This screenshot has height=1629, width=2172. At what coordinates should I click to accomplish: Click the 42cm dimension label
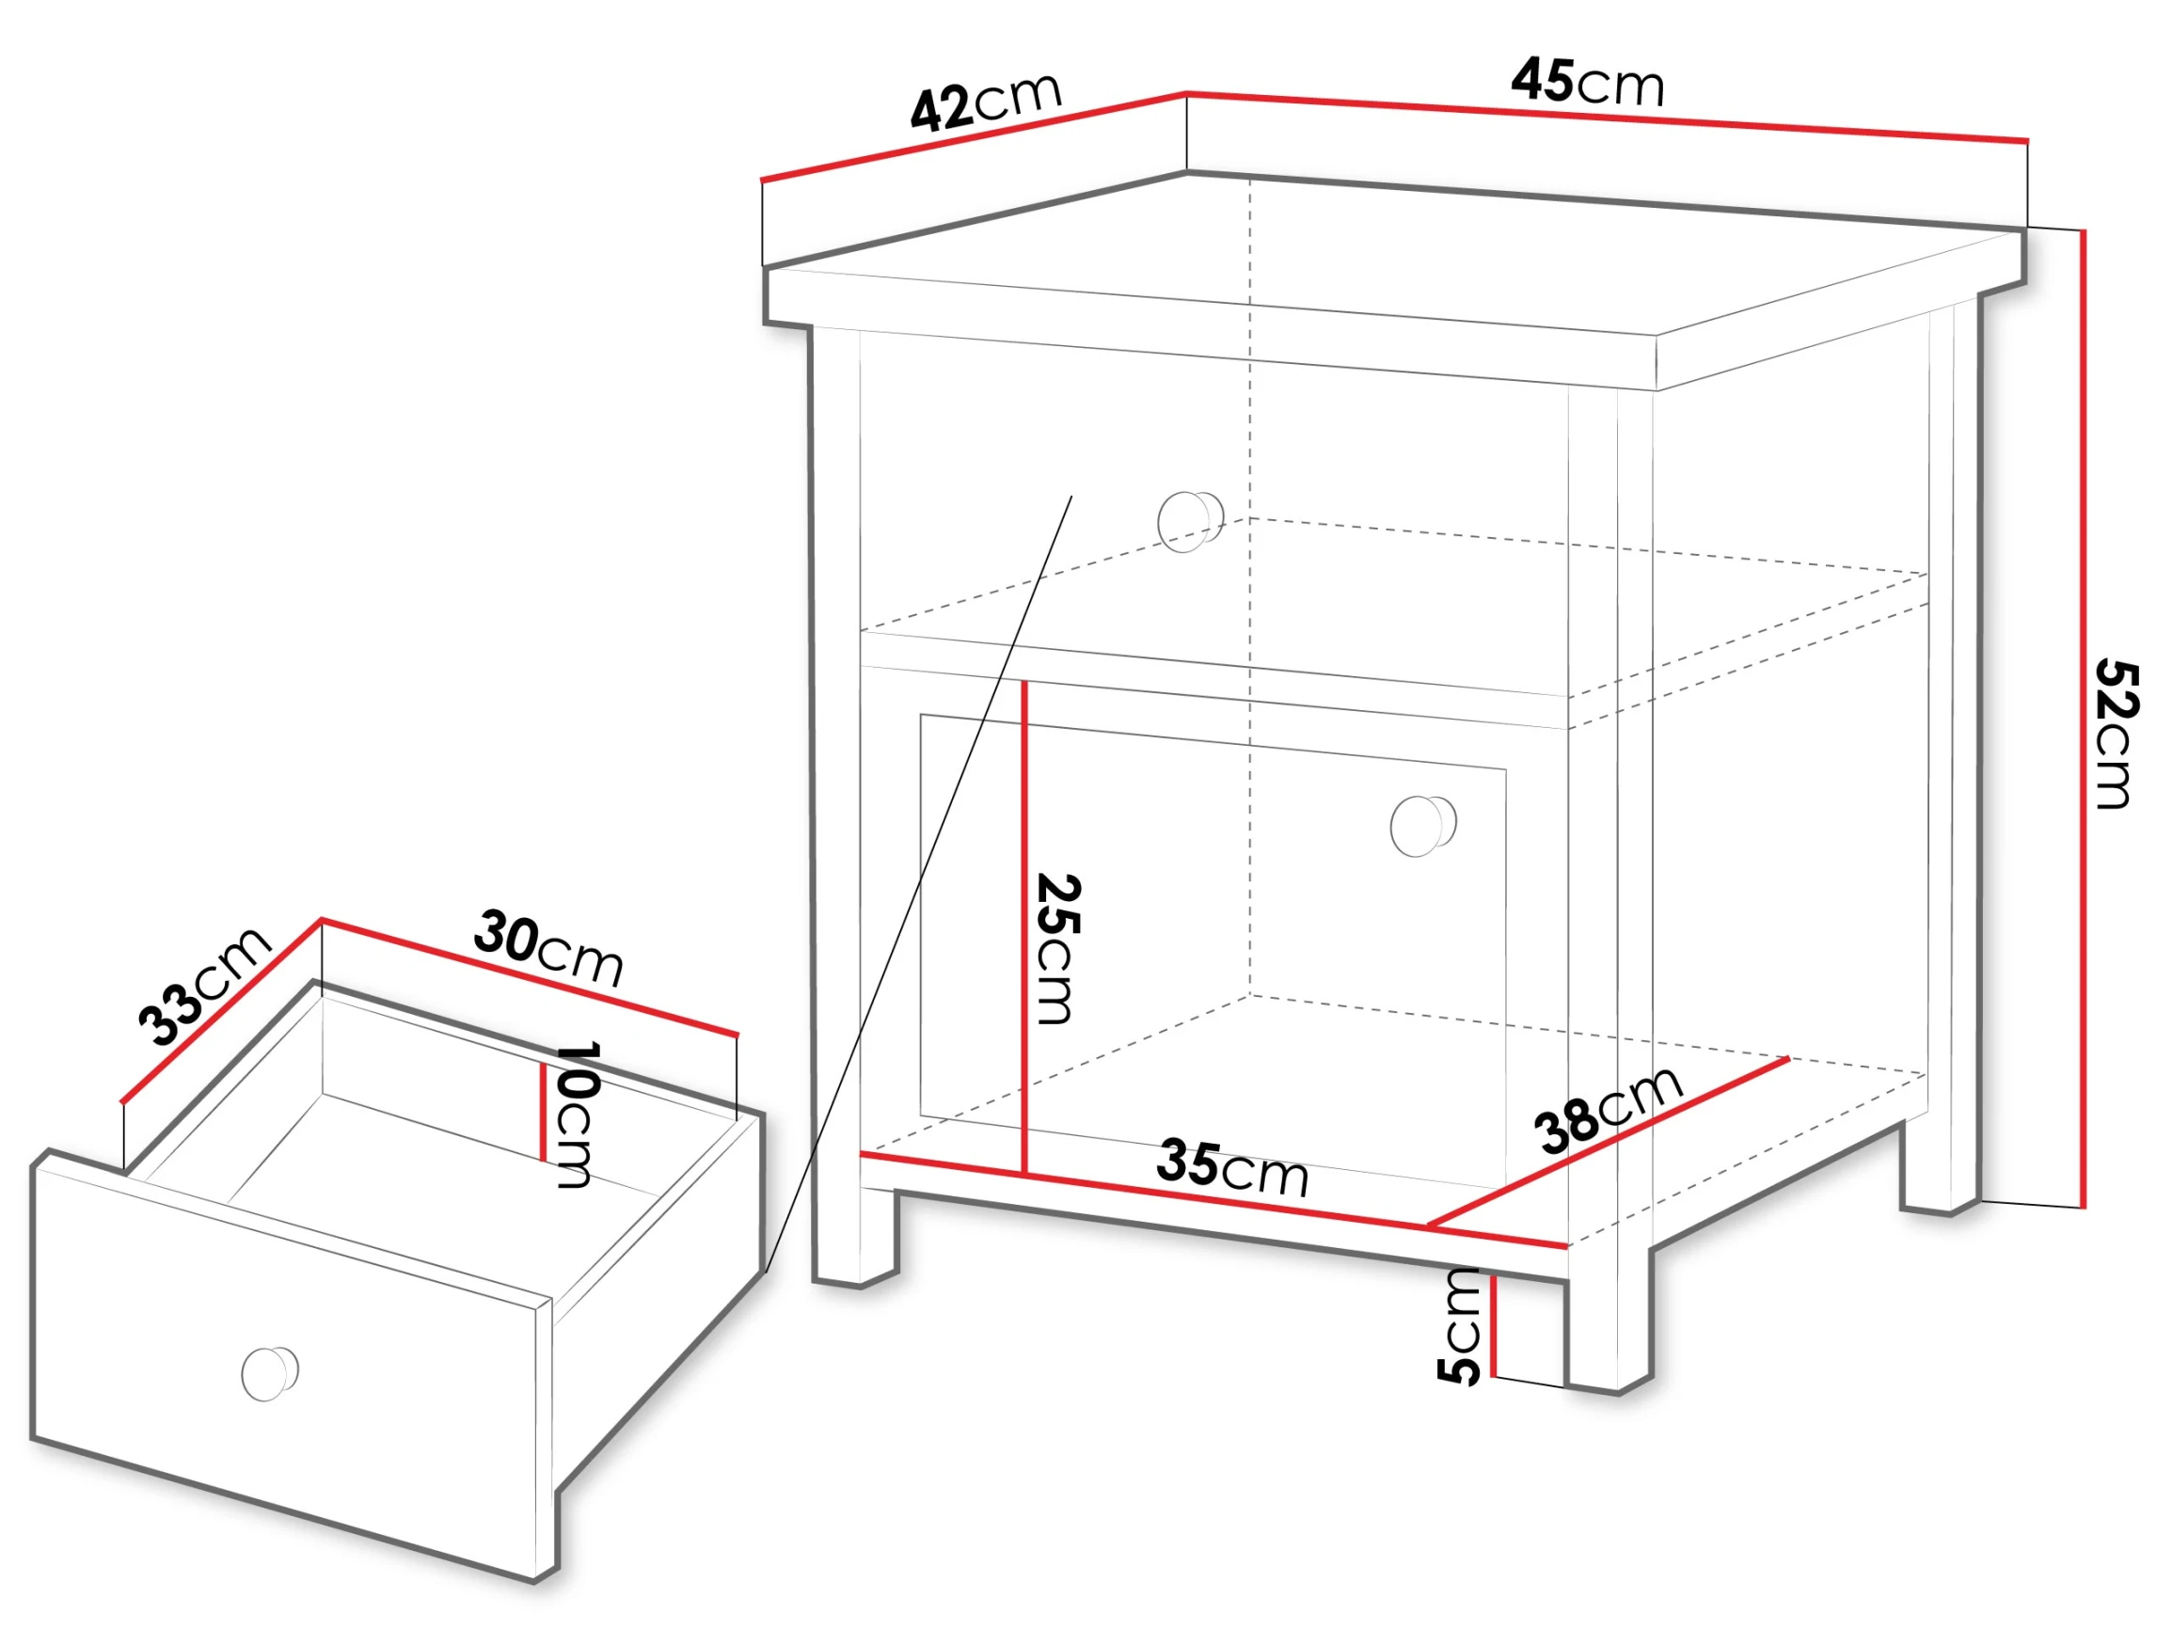(x=986, y=102)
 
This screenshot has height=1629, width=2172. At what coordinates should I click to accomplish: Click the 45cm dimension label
(x=1588, y=82)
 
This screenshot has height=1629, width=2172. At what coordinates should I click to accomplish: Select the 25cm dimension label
(x=1058, y=949)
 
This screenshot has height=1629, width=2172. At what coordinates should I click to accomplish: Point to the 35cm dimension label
(x=1232, y=1168)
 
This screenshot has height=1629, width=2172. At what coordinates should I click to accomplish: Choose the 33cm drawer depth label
(x=203, y=985)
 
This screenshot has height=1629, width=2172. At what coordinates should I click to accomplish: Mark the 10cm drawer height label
(x=578, y=1115)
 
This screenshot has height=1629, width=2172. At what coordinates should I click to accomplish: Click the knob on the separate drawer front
(x=269, y=1373)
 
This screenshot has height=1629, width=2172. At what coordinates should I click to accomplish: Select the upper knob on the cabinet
(x=1190, y=520)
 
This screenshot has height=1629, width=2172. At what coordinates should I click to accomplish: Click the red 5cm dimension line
(x=1493, y=1325)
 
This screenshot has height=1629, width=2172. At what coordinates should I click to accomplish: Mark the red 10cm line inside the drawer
(x=542, y=1112)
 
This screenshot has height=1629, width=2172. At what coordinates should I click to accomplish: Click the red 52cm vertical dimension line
(x=2082, y=719)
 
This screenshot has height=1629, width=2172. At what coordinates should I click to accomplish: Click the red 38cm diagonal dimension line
(x=1608, y=1142)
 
